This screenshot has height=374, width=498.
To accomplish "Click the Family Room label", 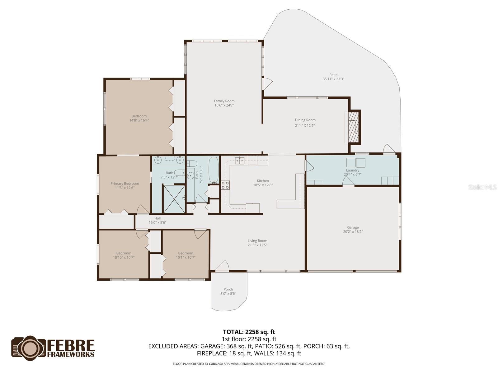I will tap(224, 101).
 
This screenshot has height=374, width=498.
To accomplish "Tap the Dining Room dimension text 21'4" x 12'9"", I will tap(305, 126).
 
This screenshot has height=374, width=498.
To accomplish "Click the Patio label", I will tap(333, 75).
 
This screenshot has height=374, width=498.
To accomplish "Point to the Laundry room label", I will tap(353, 170).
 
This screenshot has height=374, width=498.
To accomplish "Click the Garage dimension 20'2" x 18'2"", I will tap(353, 232).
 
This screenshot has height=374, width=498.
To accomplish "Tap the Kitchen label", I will tap(263, 181).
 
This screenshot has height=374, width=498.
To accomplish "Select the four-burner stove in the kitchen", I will tap(225, 185).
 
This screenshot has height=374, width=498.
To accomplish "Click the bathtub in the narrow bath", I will tap(214, 170).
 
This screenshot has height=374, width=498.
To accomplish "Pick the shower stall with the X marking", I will tap(174, 199).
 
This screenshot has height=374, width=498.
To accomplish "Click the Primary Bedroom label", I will tap(125, 184).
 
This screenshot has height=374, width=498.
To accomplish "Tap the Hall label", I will tap(157, 218).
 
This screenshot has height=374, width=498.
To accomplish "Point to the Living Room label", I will tap(257, 241).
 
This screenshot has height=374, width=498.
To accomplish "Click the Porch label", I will tap(228, 289).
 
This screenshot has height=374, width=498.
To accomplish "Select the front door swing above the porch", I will tap(223, 266).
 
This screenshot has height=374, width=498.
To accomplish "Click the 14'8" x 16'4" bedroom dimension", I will tap(139, 120).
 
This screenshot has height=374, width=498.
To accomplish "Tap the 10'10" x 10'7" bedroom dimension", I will tap(124, 257).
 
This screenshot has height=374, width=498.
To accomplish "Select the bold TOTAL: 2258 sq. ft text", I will tap(249, 332).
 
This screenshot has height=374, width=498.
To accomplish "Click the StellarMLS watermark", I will tap(482, 187).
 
